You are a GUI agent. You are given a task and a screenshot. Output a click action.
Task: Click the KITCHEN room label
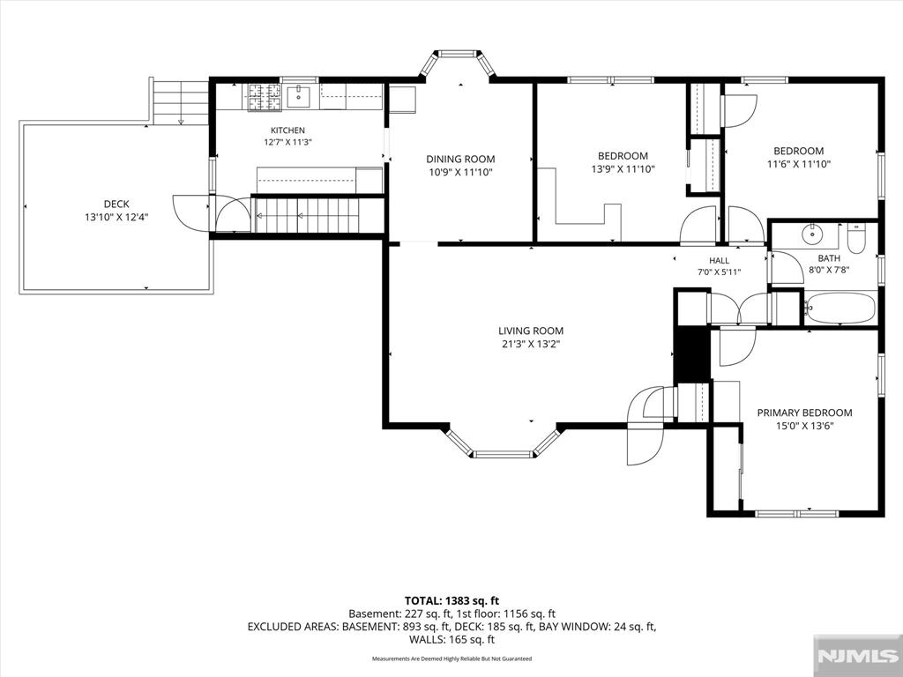[287, 130]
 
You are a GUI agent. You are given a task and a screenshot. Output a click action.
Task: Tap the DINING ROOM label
[460, 159]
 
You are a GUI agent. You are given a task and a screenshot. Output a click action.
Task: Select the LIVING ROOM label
[531, 331]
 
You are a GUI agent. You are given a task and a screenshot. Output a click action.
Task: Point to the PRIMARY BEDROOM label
[804, 413]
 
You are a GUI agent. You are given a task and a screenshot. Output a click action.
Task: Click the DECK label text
[116, 204]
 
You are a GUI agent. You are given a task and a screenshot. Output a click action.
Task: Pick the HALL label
[720, 260]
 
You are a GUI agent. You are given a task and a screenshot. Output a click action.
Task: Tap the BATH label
[829, 258]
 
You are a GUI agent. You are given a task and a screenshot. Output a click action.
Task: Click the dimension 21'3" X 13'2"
[531, 345]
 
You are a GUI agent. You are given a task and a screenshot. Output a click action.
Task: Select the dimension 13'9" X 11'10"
[623, 169]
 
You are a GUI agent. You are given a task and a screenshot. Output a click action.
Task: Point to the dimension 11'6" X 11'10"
[799, 164]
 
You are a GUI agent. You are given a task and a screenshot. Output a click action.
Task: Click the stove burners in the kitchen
[265, 97]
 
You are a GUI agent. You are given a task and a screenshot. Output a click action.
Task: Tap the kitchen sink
[298, 96]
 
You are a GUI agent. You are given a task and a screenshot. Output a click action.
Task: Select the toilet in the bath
[856, 240]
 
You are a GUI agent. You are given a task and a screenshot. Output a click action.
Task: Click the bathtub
[840, 309]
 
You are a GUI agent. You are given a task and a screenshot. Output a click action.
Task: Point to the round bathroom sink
[812, 234]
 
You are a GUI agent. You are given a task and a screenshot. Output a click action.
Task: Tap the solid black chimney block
[692, 355]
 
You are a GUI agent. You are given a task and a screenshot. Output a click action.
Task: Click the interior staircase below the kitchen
[307, 215]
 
